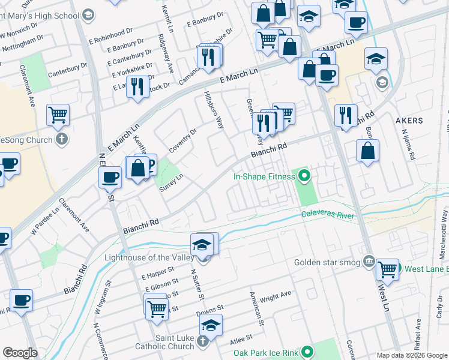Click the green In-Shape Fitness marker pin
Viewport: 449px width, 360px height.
(x=304, y=176)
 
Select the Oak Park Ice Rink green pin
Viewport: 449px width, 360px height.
(x=308, y=352)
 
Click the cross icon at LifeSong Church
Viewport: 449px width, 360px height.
(x=62, y=140)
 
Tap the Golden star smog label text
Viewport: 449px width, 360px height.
(x=327, y=262)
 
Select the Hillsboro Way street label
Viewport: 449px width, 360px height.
(x=214, y=110)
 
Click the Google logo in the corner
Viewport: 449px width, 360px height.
(x=20, y=352)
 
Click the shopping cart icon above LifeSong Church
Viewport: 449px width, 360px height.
(x=58, y=115)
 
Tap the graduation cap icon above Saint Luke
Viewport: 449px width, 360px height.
(x=211, y=325)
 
